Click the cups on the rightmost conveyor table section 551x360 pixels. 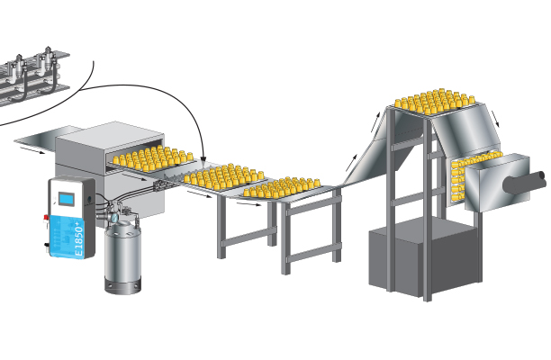click(283, 187)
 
